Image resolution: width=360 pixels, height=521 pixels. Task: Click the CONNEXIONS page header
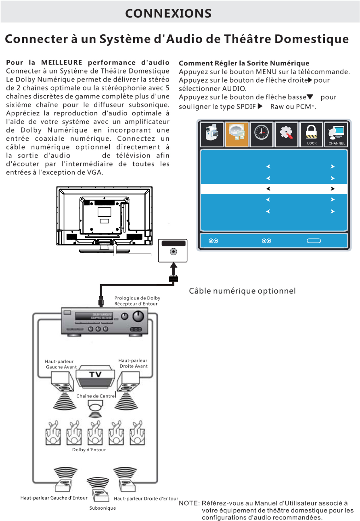point(168,13)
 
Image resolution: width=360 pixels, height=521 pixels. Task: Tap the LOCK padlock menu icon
point(312,134)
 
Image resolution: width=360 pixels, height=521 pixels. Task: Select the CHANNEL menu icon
point(336,134)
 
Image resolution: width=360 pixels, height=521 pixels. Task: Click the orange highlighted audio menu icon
point(237,134)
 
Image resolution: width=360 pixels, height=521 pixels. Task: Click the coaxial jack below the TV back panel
point(174,251)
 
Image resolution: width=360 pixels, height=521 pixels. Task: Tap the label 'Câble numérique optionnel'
point(243,291)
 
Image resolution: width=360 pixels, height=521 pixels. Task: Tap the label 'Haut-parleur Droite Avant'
point(133,363)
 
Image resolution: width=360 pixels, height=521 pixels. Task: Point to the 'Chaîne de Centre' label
point(96,396)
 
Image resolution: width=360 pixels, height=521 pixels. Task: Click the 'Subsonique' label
point(103,508)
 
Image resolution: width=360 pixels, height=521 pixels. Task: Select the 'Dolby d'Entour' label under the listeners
point(89,450)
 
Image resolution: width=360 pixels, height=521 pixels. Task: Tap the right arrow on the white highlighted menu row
point(333,188)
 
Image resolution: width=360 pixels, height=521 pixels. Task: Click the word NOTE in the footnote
point(188,503)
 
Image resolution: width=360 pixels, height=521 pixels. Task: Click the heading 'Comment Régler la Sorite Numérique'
point(244,63)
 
